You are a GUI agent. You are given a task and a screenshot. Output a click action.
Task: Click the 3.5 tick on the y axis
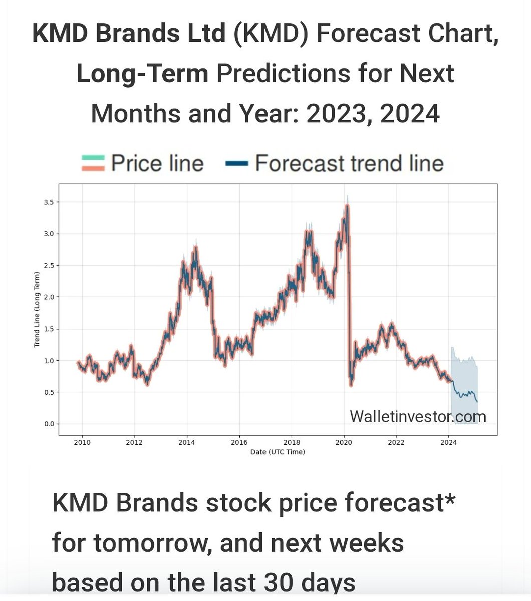click(x=49, y=202)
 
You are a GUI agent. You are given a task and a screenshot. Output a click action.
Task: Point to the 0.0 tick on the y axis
click(x=49, y=424)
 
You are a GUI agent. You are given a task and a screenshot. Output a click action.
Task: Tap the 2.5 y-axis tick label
click(x=49, y=265)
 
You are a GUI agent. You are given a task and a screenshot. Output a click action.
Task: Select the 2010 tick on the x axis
click(x=82, y=442)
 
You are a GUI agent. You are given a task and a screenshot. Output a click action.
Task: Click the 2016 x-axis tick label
click(x=239, y=442)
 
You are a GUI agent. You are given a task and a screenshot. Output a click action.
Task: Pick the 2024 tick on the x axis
click(x=449, y=442)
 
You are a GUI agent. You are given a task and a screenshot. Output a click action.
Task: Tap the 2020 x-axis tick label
click(x=344, y=442)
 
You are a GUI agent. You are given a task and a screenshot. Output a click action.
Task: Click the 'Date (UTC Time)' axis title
click(x=278, y=452)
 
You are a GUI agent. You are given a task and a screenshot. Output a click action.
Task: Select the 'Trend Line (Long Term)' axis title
click(x=37, y=310)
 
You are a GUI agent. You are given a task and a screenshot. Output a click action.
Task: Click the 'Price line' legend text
click(x=157, y=164)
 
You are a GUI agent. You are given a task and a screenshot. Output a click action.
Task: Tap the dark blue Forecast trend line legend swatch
click(x=236, y=163)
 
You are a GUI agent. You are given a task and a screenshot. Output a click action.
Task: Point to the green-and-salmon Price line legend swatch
click(x=93, y=163)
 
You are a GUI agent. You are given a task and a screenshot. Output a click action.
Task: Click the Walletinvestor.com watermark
click(x=418, y=416)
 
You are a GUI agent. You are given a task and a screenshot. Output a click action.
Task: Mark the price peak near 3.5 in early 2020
click(x=347, y=205)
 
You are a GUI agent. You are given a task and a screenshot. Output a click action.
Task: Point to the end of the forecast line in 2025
click(x=477, y=402)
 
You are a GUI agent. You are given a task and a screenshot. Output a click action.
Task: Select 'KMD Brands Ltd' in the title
click(x=129, y=34)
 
